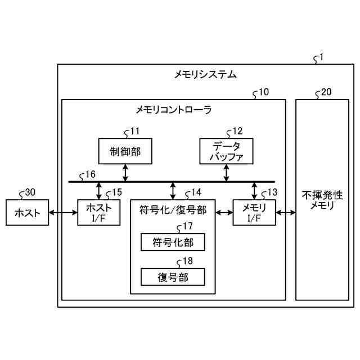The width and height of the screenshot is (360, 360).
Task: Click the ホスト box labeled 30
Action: click(26, 213)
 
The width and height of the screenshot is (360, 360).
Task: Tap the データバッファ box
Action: click(226, 150)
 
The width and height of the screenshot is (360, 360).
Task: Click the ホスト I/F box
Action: click(98, 213)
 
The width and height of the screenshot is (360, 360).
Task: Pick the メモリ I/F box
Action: click(254, 213)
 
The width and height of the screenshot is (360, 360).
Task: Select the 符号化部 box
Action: click(172, 242)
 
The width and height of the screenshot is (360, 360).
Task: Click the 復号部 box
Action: click(172, 276)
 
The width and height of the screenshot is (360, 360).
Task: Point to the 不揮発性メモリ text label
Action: click(322, 200)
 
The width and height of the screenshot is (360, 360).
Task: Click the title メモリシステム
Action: click(205, 74)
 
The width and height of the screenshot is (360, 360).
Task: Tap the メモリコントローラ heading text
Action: click(174, 110)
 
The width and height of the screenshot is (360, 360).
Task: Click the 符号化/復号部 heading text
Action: click(173, 211)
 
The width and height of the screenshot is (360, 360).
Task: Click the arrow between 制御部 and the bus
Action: click(125, 172)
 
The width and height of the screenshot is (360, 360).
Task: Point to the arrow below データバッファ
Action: click(226, 172)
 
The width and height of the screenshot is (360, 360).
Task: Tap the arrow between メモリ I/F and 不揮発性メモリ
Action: click(286, 213)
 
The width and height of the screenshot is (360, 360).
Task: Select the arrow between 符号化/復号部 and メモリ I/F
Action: click(224, 213)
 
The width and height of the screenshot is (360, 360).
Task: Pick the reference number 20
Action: click(326, 92)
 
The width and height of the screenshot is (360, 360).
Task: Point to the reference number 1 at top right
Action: click(321, 57)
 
